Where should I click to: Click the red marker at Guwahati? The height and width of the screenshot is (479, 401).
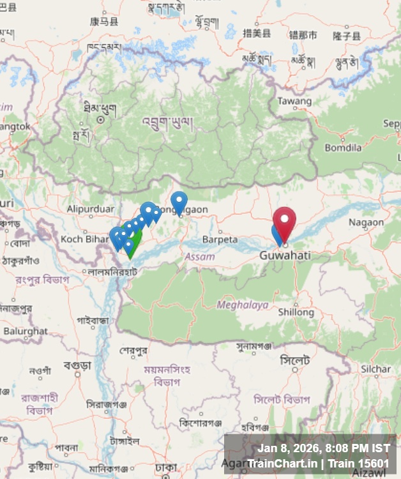[x=284, y=221]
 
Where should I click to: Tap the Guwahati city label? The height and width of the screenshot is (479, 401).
[x=285, y=255]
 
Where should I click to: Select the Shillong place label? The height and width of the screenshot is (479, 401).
[x=296, y=312]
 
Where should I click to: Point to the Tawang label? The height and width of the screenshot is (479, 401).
[x=294, y=101]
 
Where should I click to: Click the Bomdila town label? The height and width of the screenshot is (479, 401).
[x=343, y=148]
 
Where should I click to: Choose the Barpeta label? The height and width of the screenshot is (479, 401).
[x=220, y=240]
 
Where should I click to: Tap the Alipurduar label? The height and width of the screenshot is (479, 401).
[x=90, y=208]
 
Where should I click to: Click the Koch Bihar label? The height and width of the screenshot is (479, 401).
[x=80, y=239]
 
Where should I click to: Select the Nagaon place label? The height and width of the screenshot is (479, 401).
[x=366, y=222]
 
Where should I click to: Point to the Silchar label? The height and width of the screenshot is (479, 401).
[x=375, y=369]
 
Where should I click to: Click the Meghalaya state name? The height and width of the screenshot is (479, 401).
[x=243, y=305]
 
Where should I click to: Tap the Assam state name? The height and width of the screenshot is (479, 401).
[x=200, y=256]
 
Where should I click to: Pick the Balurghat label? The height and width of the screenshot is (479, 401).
[x=26, y=331]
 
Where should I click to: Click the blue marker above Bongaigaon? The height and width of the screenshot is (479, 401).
[x=179, y=202]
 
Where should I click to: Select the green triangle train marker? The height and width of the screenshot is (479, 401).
[x=133, y=245]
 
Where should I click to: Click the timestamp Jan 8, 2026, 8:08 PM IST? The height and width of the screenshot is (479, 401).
[x=323, y=448]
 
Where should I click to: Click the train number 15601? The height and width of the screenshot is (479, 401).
[x=374, y=464]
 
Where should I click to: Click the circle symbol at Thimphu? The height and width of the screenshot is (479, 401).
[x=100, y=119]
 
